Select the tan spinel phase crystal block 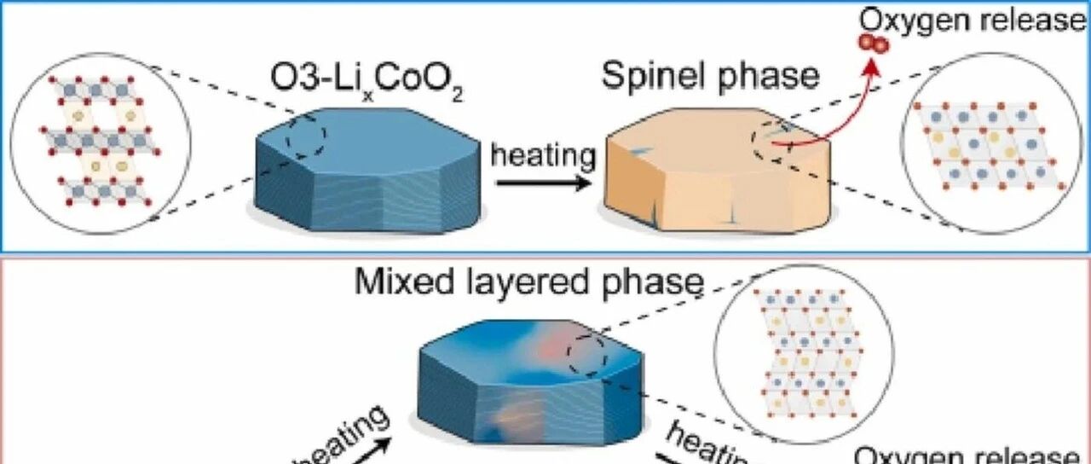click(716, 175)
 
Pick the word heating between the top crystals click(544, 156)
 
